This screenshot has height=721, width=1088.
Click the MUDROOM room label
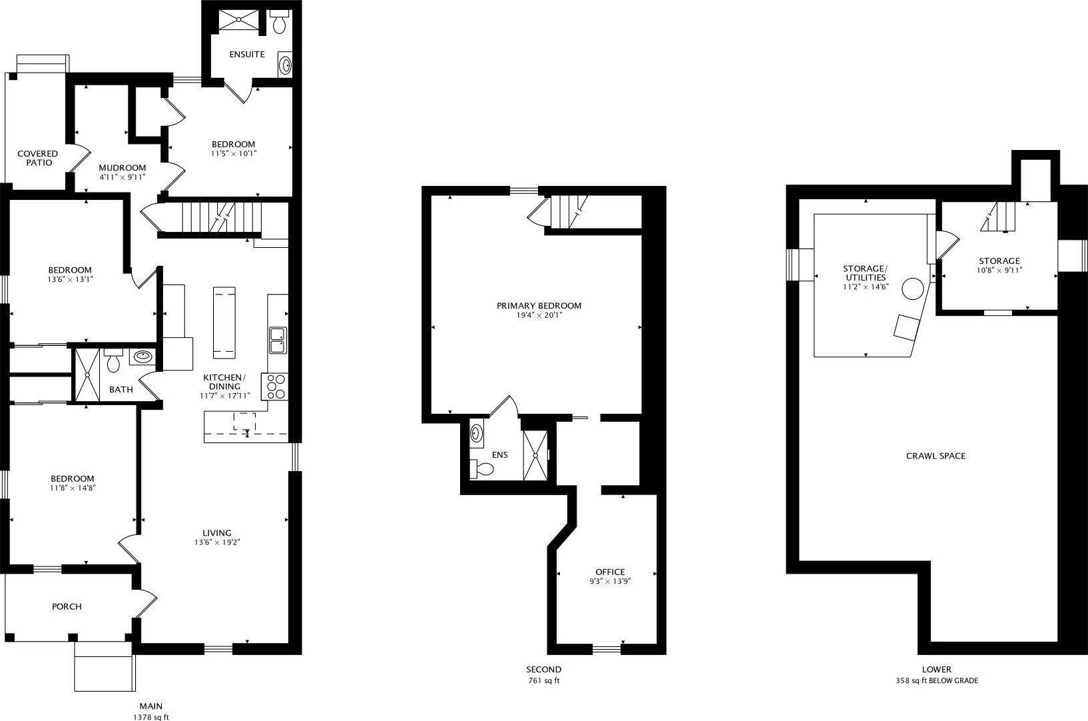point(123,168)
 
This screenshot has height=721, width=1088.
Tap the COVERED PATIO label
point(38,158)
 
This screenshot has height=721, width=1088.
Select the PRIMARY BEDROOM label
point(539,306)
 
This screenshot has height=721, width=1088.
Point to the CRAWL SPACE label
point(936,456)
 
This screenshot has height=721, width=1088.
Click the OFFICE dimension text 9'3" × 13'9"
point(610,581)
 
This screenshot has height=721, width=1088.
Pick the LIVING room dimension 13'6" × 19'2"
point(217,542)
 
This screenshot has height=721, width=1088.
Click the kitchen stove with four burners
point(274,386)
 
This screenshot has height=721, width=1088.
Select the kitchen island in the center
point(224,323)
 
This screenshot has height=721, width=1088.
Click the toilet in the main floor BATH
point(113,360)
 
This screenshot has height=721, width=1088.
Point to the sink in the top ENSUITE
point(285,65)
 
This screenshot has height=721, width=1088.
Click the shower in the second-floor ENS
point(535,456)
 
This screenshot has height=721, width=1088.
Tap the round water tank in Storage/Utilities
point(913,289)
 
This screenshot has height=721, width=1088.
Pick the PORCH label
point(67,607)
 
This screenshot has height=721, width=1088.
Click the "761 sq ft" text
point(543,680)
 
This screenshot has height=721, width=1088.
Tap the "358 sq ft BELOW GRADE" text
point(937,680)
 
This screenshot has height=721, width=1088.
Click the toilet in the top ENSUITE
point(279,22)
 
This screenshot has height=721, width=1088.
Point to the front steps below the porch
point(105,666)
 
